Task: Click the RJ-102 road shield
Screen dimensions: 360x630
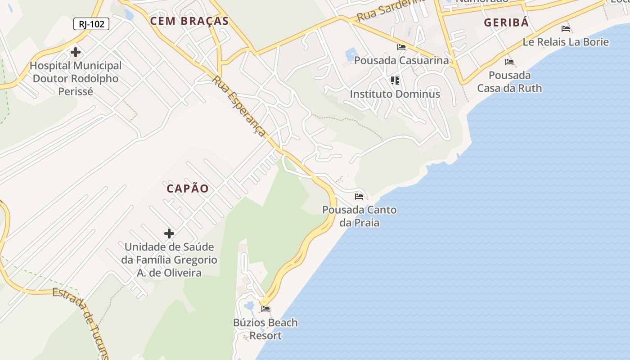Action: (91, 24)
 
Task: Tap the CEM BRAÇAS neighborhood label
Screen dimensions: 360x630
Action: (189, 21)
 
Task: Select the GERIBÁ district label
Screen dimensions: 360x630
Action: (506, 23)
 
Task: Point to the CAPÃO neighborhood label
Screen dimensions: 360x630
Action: (188, 189)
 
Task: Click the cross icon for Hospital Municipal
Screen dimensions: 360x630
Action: (76, 52)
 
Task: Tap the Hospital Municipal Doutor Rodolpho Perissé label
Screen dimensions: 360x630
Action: (76, 78)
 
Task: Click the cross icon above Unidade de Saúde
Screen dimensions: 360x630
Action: (169, 234)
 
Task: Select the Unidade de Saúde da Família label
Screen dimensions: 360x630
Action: (169, 260)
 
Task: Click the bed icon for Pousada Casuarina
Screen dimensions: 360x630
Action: (401, 47)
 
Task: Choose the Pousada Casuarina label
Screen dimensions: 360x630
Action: (401, 60)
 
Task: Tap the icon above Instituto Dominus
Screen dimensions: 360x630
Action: (395, 81)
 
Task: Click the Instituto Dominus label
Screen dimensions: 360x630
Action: (395, 94)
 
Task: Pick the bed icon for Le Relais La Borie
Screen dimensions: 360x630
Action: (566, 29)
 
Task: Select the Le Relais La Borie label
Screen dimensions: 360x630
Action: (566, 42)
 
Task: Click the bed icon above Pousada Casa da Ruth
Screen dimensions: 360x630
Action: (509, 62)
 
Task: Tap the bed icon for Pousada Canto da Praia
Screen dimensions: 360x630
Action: (359, 196)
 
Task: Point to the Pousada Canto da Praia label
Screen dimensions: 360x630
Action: (359, 216)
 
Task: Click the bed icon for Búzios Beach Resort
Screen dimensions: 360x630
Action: (265, 309)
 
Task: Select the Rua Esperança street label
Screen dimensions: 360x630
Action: (239, 106)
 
